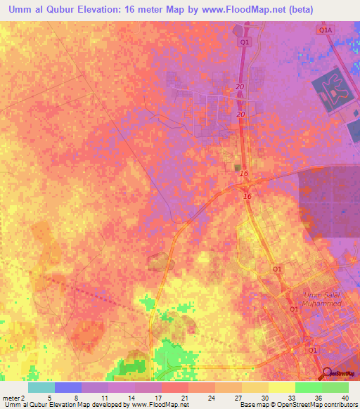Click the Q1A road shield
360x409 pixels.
click(x=325, y=31)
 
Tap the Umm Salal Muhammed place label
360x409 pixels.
click(x=321, y=298)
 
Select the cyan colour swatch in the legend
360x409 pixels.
click(x=41, y=387)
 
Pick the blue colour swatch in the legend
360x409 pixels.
click(x=68, y=387)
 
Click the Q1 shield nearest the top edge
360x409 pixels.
click(x=244, y=43)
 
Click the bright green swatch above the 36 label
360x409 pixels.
click(x=309, y=387)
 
